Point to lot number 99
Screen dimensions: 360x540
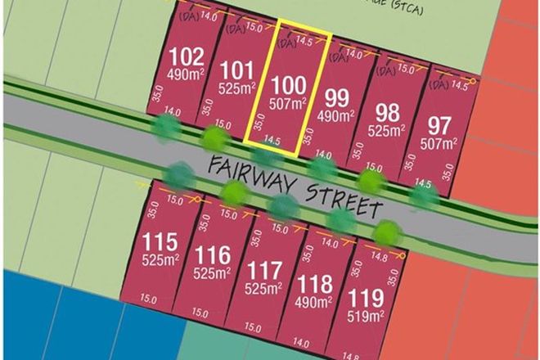pyautogui.click(x=337, y=97)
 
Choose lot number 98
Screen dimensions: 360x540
pyautogui.click(x=387, y=111)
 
